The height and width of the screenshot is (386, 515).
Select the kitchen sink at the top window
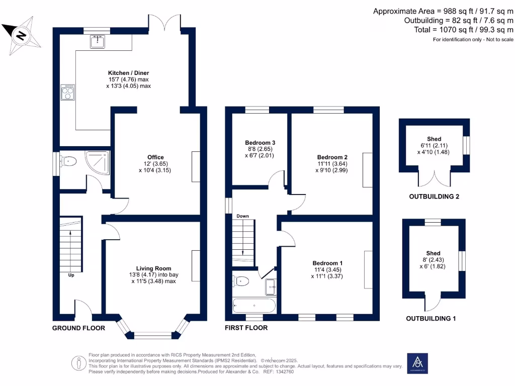(x=97, y=42)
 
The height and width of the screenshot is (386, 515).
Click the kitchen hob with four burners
(x=67, y=92)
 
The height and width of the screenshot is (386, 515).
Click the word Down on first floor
(x=243, y=216)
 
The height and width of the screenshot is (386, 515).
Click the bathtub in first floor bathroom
(x=254, y=305)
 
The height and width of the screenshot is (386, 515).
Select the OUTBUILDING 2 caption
(x=434, y=197)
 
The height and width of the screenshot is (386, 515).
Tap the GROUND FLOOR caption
(x=79, y=328)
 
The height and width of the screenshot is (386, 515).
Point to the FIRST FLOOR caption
(x=246, y=328)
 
